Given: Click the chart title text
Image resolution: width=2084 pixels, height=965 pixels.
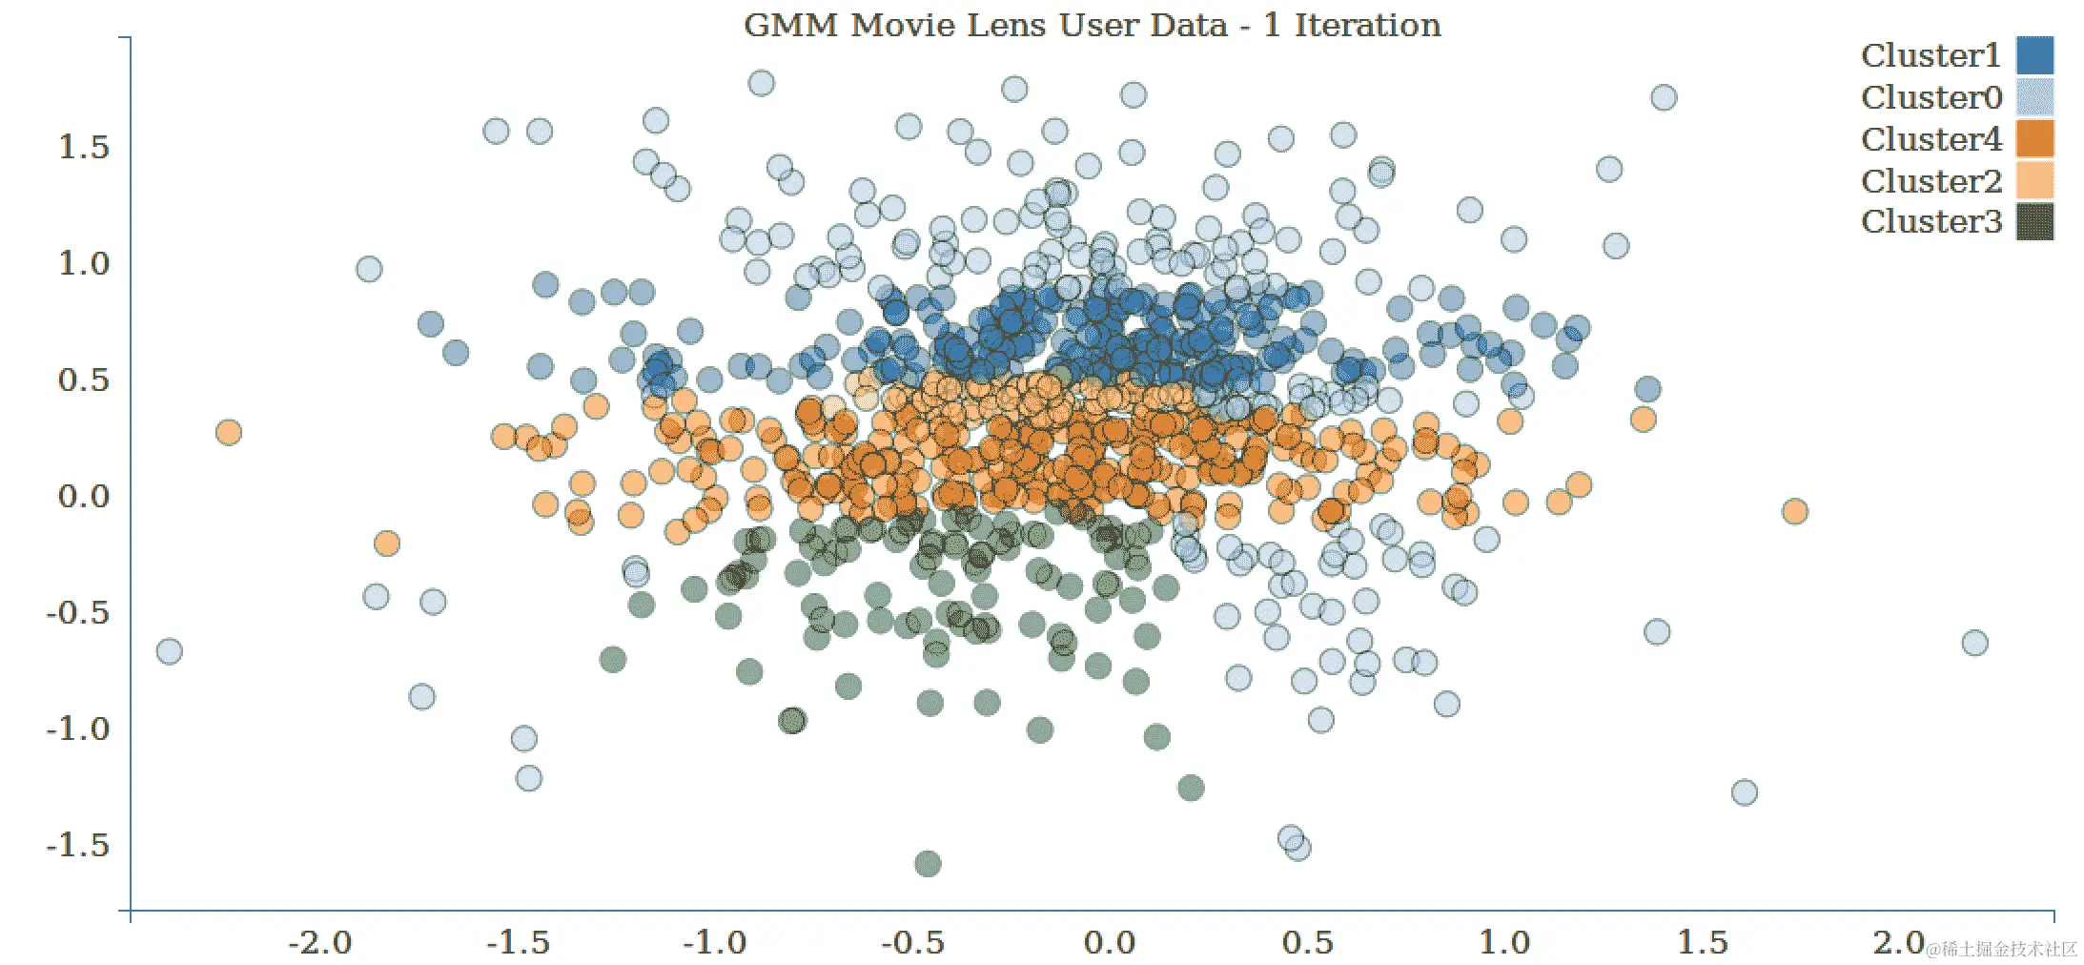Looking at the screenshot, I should point(1092,25).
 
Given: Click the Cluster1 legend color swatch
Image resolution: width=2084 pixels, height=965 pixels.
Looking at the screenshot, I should point(2034,55).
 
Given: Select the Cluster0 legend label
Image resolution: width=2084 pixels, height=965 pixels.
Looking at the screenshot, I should point(1931,97).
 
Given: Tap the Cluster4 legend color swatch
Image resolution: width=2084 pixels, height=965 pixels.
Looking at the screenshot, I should point(2034,139).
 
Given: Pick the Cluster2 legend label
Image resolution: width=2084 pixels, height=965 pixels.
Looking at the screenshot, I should point(1931,181).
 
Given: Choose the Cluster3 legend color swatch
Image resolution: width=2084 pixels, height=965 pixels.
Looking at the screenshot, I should point(2034,221).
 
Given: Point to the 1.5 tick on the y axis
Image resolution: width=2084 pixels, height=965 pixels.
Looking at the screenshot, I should point(84,148).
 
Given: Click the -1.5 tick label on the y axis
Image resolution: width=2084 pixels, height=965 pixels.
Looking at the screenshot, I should point(78,846).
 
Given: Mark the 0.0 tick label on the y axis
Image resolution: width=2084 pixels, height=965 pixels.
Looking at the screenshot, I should point(84,497).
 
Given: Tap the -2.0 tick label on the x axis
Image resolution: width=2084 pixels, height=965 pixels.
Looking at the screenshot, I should point(320,943).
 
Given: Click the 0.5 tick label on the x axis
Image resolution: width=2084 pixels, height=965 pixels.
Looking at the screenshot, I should point(1307,943).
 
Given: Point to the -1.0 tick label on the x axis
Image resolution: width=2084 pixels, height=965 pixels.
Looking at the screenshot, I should point(715,943).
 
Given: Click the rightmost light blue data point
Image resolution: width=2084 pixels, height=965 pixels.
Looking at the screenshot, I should point(1974,643).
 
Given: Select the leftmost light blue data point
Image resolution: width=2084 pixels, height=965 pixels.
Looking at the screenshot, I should point(169,651).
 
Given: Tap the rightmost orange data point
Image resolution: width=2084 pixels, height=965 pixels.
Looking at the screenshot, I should point(1794,512).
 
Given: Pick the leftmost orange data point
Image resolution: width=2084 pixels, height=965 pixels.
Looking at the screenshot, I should point(228,433).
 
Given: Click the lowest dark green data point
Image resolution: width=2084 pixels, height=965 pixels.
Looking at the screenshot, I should point(928,864).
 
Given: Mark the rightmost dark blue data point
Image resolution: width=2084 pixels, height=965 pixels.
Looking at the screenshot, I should point(1647,389).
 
